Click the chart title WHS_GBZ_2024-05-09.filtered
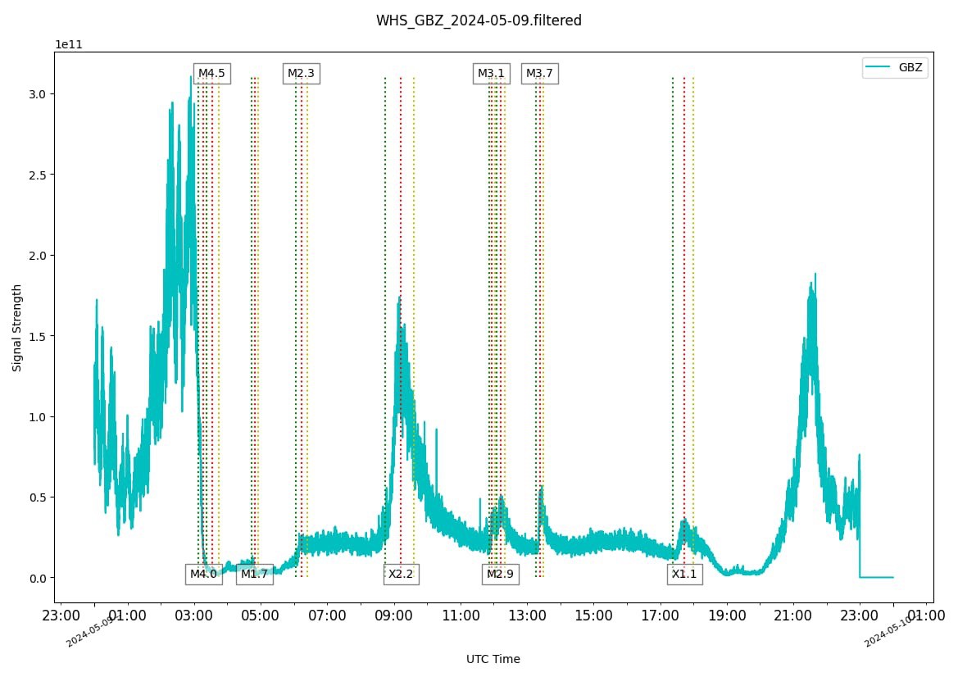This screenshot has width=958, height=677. click(x=479, y=20)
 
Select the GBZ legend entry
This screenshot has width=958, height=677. click(x=895, y=68)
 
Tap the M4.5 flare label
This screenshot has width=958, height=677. click(x=211, y=74)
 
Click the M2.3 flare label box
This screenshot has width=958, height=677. click(x=301, y=74)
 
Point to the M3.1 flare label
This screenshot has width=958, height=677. click(x=491, y=74)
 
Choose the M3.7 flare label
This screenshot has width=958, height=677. click(x=539, y=74)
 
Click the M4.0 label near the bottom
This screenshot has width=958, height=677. click(x=203, y=575)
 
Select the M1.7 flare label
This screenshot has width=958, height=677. click(x=254, y=575)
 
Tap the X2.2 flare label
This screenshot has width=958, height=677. click(x=401, y=575)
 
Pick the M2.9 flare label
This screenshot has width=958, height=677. click(x=500, y=575)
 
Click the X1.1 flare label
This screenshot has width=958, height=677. click(x=684, y=575)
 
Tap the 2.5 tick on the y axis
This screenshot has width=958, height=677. click(x=35, y=175)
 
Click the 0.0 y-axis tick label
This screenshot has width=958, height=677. click(x=35, y=578)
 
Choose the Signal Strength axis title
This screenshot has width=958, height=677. click(x=17, y=328)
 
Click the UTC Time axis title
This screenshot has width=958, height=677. click(x=493, y=659)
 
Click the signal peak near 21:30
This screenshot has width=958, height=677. click(x=815, y=275)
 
